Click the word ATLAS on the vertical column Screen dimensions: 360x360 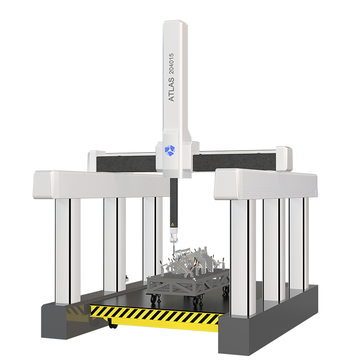(171, 90)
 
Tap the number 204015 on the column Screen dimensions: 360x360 (171, 63)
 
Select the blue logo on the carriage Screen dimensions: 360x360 (169, 151)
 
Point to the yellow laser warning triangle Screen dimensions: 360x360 (172, 224)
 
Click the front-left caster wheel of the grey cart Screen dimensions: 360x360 (153, 298)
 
